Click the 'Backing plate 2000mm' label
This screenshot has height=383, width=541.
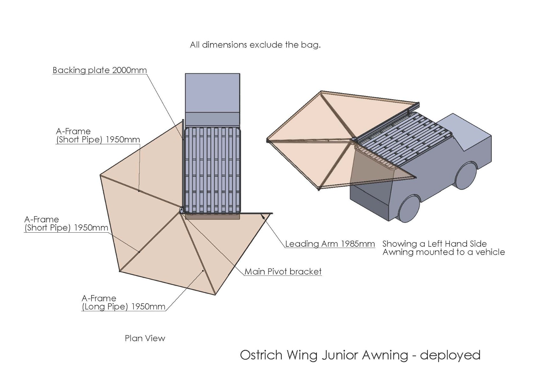pyautogui.click(x=99, y=70)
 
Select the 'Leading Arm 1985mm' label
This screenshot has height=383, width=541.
pyautogui.click(x=330, y=244)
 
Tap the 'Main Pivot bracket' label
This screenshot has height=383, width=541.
pyautogui.click(x=283, y=272)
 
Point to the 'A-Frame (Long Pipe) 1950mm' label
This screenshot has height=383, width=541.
pyautogui.click(x=123, y=303)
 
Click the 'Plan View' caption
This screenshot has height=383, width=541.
pyautogui.click(x=145, y=338)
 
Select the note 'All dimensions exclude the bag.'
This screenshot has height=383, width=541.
pyautogui.click(x=255, y=45)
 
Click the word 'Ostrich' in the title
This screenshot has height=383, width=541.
pyautogui.click(x=261, y=355)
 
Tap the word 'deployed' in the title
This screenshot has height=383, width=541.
pyautogui.click(x=450, y=355)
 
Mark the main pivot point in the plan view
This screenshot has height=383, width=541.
pyautogui.click(x=181, y=210)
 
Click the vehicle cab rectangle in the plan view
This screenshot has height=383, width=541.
pyautogui.click(x=212, y=93)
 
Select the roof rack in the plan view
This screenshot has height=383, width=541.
pyautogui.click(x=212, y=169)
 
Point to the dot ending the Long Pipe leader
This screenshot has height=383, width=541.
pyautogui.click(x=203, y=271)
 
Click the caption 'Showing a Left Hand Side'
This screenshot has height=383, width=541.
pyautogui.click(x=434, y=244)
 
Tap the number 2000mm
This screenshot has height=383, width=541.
pyautogui.click(x=129, y=70)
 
